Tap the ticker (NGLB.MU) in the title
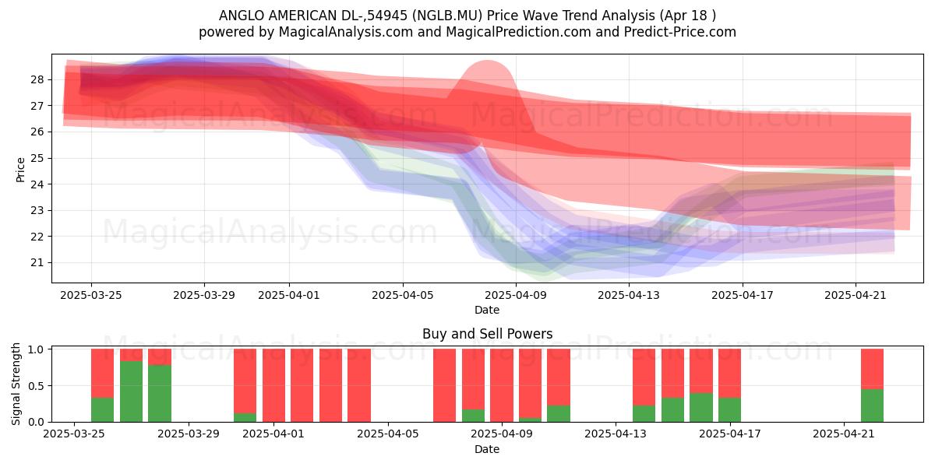click(x=446, y=16)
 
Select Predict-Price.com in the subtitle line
click(x=680, y=32)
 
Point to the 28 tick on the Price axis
click(x=37, y=79)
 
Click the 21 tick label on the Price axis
click(x=37, y=263)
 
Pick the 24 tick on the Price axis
click(x=37, y=184)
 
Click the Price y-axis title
click(x=20, y=170)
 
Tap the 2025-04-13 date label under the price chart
click(x=629, y=295)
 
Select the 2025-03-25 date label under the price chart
click(x=91, y=295)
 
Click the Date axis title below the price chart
click(x=487, y=310)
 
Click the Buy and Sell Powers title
click(x=487, y=334)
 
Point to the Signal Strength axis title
click(x=16, y=384)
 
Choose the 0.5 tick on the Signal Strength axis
click(x=36, y=386)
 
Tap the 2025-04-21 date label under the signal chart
click(x=844, y=434)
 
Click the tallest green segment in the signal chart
click(x=131, y=392)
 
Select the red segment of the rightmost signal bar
click(x=872, y=369)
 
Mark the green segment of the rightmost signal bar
click(x=872, y=406)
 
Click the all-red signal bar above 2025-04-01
click(x=273, y=385)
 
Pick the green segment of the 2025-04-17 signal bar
click(x=729, y=410)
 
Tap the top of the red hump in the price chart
click(x=487, y=61)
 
